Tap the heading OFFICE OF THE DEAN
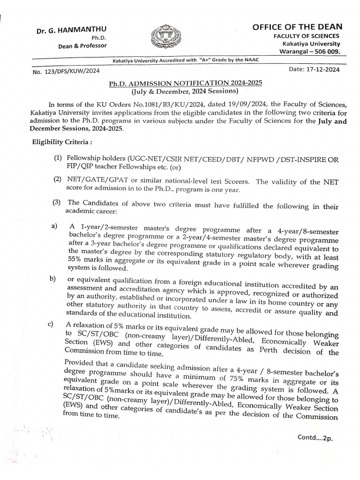click(x=297, y=27)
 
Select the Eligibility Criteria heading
click(x=59, y=141)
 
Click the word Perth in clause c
click(x=273, y=349)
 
